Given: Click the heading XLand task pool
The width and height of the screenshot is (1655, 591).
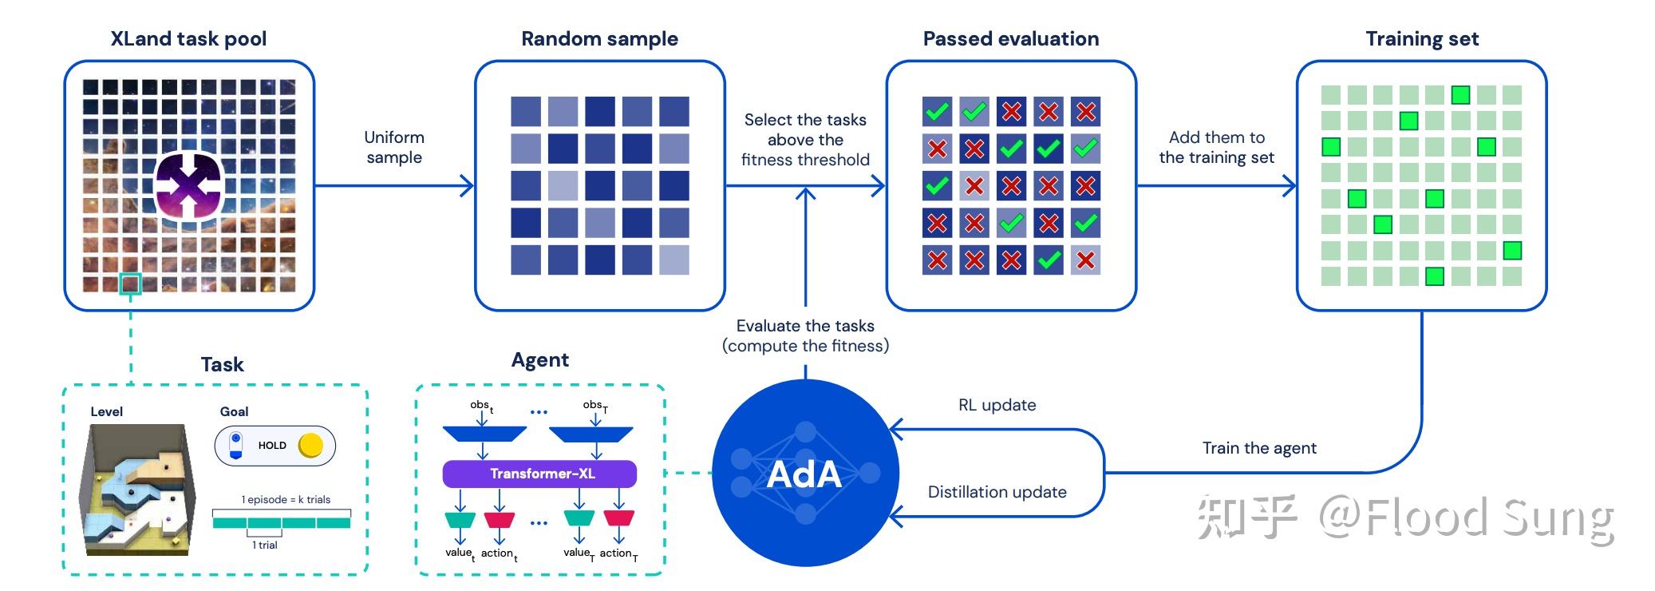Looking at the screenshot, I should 188,38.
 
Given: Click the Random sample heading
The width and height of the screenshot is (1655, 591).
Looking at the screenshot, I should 599,38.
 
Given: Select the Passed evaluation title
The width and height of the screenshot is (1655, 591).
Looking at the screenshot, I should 1010,38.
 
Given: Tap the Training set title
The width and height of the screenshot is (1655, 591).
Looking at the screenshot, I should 1422,38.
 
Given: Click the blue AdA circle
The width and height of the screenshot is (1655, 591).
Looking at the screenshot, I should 804,474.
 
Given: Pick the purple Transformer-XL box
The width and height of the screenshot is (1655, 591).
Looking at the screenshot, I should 540,474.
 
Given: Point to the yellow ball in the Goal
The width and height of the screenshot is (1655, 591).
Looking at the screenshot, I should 310,446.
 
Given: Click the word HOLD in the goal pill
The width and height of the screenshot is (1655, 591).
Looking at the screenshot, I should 272,446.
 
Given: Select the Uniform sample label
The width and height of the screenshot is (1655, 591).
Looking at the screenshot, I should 394,148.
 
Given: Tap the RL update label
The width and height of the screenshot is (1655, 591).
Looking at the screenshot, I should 997,405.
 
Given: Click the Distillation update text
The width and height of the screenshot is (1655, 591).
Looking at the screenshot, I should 997,492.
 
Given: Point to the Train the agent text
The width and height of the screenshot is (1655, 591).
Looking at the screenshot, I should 1259,448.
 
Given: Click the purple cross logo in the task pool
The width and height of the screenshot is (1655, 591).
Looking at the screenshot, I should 188,185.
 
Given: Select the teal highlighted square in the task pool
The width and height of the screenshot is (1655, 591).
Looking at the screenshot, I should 130,284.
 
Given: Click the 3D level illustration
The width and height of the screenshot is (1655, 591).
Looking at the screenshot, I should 138,489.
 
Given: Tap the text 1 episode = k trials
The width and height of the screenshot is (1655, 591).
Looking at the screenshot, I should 286,500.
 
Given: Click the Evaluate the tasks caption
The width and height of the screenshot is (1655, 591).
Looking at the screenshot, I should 805,335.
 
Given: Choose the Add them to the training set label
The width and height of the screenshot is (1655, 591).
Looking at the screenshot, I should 1216,148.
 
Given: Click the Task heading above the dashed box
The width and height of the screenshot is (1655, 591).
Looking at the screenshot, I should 222,365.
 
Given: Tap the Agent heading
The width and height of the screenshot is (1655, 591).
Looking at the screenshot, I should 540,360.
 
